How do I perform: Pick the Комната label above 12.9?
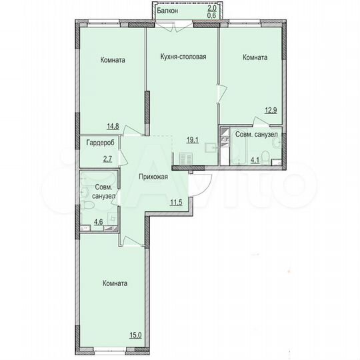255,58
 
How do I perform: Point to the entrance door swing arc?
204,181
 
